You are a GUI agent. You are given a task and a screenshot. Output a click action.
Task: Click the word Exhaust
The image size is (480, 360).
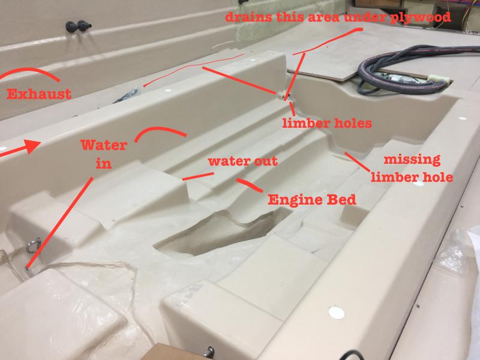[39, 94]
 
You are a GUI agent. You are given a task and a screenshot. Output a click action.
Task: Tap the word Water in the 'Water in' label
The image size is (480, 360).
[104, 145]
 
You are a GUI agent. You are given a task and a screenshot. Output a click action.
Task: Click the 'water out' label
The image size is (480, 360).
[243, 161]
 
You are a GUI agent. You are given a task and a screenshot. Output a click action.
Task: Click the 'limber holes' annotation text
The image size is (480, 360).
[327, 123]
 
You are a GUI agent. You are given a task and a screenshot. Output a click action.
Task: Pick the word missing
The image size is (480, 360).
[412, 160]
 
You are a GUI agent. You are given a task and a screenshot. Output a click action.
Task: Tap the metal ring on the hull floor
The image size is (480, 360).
[34, 245]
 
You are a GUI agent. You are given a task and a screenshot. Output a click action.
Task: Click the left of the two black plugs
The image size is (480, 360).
[71, 27]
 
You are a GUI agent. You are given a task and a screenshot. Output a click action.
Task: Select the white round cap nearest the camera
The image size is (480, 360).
[336, 313]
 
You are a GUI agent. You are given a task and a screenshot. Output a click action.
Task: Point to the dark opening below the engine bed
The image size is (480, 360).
[214, 234]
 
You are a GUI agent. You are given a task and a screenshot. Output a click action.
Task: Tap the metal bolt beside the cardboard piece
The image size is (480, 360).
[210, 351]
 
